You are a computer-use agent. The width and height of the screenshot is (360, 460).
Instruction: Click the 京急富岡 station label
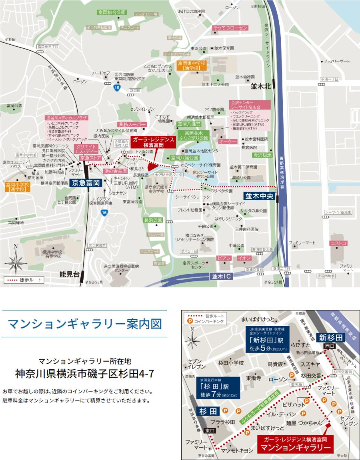click(85, 183)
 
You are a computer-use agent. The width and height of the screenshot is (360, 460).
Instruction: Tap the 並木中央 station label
click(259, 196)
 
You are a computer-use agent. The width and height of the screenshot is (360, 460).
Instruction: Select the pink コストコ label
click(338, 243)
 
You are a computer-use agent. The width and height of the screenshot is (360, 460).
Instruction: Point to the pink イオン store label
click(244, 258)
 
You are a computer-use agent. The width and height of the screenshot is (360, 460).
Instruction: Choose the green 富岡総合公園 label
click(111, 13)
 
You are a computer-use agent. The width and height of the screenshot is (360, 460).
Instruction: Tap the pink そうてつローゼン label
click(230, 28)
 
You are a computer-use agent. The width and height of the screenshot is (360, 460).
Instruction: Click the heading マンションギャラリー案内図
click(85, 324)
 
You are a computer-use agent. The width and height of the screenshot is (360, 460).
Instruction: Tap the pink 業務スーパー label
click(132, 125)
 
